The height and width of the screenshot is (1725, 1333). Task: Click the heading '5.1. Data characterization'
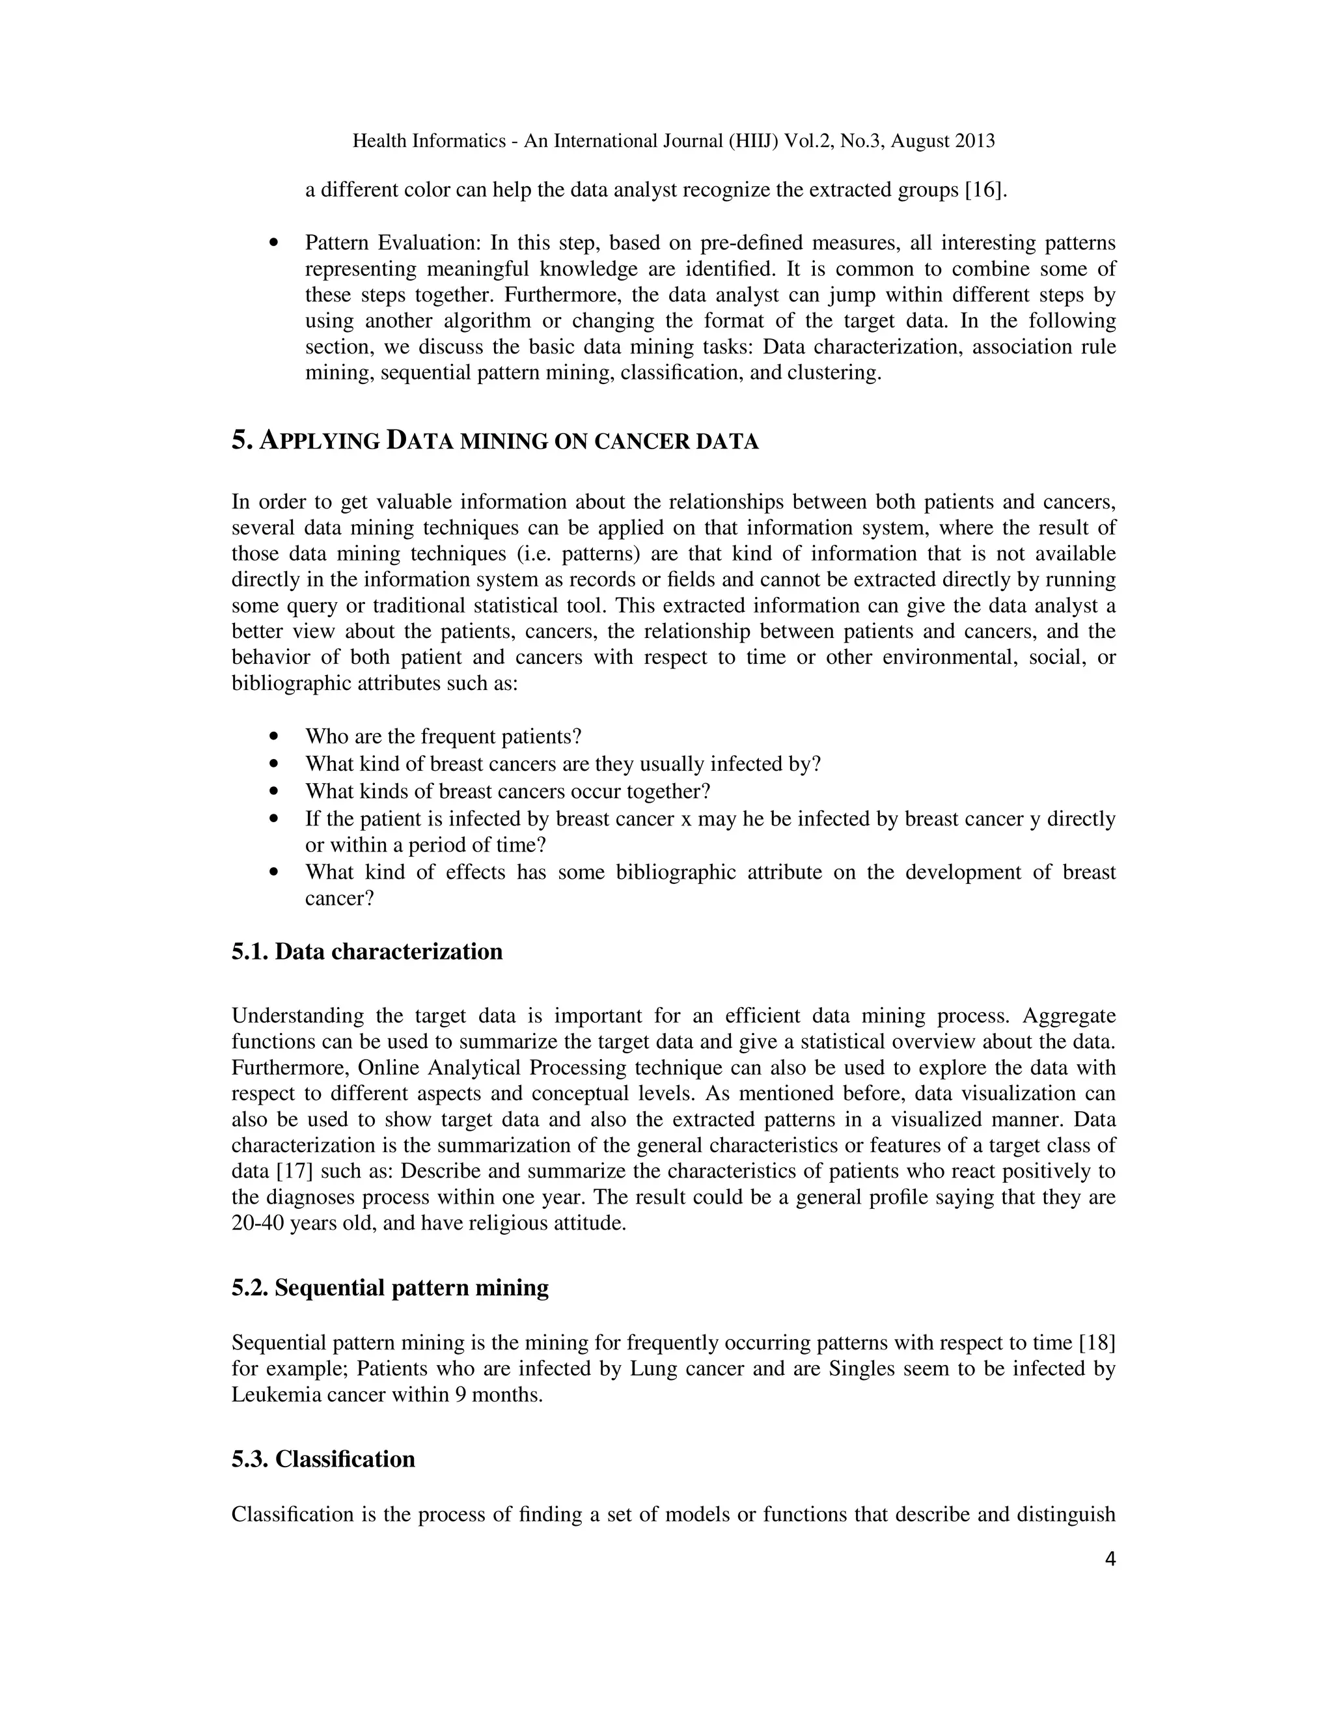pyautogui.click(x=366, y=952)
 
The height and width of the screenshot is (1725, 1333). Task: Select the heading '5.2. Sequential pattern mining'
pyautogui.click(x=390, y=1288)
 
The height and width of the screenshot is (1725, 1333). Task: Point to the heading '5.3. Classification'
pyautogui.click(x=323, y=1459)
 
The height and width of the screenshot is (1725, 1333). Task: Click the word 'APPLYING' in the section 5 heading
pyautogui.click(x=319, y=441)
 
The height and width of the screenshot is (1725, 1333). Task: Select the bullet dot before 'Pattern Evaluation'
pyautogui.click(x=274, y=244)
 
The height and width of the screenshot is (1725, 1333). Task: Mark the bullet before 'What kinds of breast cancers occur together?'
pyautogui.click(x=274, y=792)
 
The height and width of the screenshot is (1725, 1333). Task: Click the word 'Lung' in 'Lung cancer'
pyautogui.click(x=654, y=1369)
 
